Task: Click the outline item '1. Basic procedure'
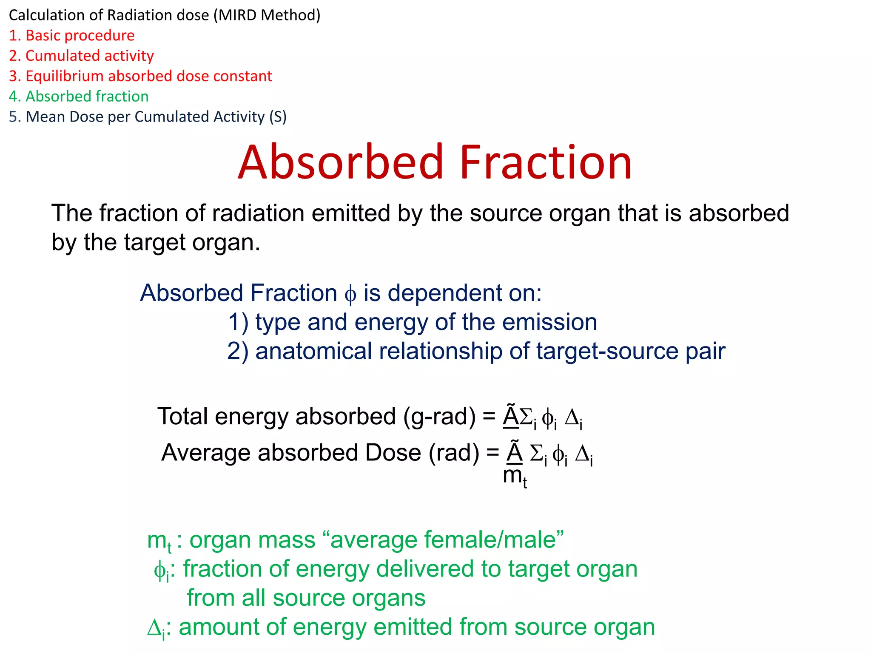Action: (x=71, y=36)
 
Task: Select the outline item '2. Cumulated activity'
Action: (x=81, y=56)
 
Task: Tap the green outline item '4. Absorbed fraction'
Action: (x=79, y=97)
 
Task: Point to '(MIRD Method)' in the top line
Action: (x=267, y=15)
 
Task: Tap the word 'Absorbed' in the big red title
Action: (x=341, y=162)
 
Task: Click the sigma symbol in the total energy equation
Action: (x=527, y=417)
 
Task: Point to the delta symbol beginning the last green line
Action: (x=154, y=627)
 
